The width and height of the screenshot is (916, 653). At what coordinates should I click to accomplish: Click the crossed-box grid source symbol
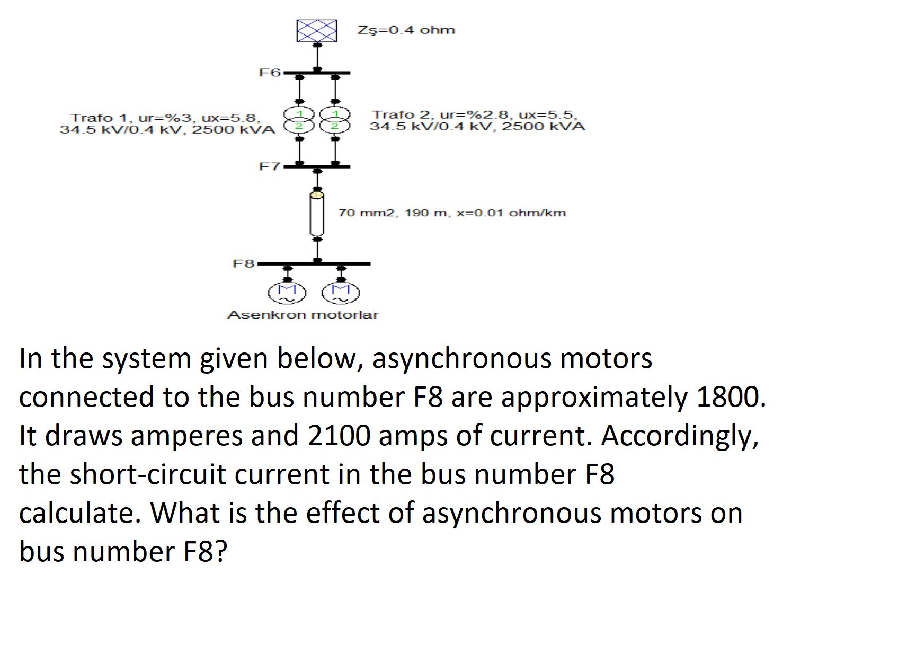click(316, 31)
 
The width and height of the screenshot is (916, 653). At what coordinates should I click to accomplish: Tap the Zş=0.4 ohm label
click(406, 30)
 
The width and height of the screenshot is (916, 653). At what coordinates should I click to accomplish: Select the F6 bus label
click(269, 73)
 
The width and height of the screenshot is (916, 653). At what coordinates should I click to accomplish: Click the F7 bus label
click(269, 166)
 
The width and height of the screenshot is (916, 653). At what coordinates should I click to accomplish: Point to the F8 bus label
click(244, 263)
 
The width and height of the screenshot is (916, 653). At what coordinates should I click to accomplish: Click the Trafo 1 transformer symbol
click(299, 120)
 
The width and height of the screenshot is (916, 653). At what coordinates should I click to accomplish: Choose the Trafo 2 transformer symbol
click(335, 120)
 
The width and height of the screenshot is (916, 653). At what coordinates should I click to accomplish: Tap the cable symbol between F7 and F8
click(317, 214)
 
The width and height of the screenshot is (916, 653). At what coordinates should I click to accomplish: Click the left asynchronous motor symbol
click(287, 293)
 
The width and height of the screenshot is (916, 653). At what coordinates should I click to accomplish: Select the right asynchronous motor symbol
click(341, 293)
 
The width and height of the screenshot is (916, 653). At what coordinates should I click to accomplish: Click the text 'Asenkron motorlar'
click(303, 315)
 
